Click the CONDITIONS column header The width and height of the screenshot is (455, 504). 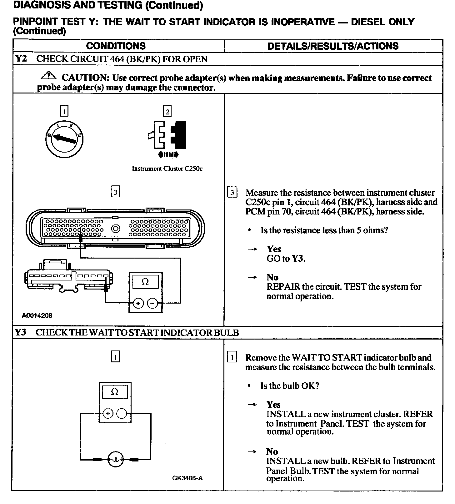pos(116,46)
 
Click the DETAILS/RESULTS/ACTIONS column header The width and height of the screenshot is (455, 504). pos(333,46)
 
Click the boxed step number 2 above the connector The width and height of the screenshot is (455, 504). pos(167,112)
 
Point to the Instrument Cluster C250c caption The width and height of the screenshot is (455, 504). pos(167,169)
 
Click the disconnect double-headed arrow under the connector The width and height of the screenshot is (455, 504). pos(168,154)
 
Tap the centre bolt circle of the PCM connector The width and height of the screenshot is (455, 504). pos(116,229)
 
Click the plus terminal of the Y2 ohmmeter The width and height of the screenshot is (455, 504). pos(138,303)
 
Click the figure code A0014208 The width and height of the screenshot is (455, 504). pos(37,315)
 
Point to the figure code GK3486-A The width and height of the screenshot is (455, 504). pos(187,478)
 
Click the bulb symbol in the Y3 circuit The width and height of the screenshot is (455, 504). pos(116,459)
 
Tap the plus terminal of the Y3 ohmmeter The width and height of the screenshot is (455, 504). pos(108,414)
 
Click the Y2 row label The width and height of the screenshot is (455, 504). pos(21,59)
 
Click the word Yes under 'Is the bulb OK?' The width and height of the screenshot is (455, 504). pos(273,405)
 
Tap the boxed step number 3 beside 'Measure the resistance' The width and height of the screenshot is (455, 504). pos(232,192)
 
